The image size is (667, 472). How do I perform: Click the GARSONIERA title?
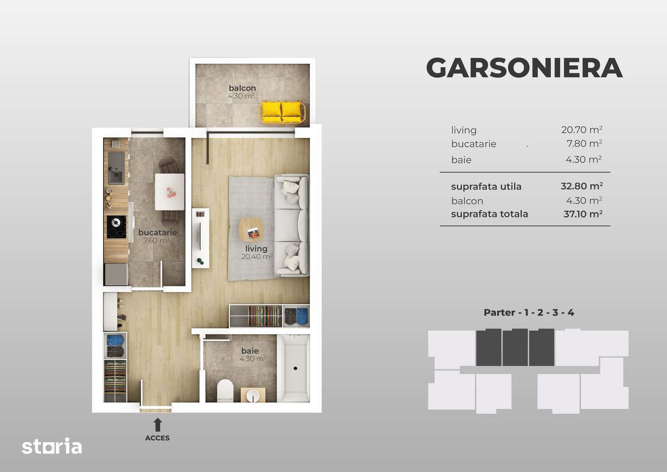(x=524, y=67)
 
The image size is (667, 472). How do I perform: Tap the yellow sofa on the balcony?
(x=281, y=111)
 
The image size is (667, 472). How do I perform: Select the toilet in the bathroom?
(x=225, y=391)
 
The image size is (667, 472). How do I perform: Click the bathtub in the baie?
(x=293, y=368)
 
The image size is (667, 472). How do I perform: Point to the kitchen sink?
(x=116, y=167)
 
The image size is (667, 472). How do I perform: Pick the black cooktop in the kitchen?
(x=117, y=227)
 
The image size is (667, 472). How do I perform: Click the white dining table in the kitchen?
(x=169, y=191)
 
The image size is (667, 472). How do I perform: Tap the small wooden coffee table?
(x=251, y=229)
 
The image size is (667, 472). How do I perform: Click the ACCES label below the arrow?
(x=157, y=438)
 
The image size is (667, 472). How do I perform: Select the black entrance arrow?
(x=157, y=425)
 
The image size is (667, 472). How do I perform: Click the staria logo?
(x=52, y=446)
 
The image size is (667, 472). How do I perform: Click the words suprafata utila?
(x=486, y=186)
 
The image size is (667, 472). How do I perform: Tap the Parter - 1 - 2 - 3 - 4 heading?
(x=529, y=313)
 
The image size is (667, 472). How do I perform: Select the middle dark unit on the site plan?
(x=515, y=347)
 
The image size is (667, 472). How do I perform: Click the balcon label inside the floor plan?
(x=242, y=88)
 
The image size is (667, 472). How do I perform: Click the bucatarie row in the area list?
(x=474, y=144)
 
